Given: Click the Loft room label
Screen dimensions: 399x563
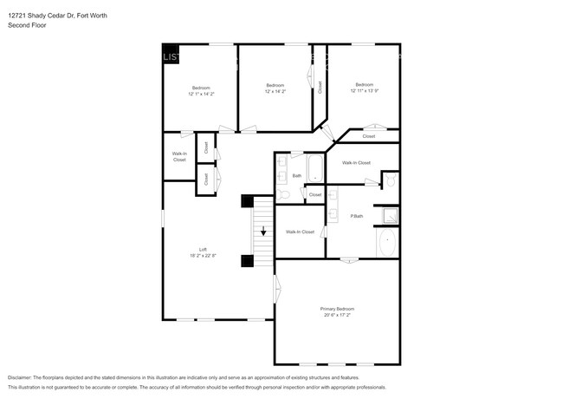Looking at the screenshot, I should click(x=203, y=250).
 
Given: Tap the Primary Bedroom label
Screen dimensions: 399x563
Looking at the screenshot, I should click(x=337, y=309).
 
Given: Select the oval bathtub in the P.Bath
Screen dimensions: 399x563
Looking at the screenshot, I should click(x=387, y=243).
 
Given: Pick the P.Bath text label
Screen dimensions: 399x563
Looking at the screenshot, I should click(x=356, y=216).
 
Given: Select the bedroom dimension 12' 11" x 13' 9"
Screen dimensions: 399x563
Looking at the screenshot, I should click(x=365, y=90).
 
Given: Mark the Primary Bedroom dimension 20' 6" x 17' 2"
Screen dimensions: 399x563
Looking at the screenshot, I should click(x=337, y=315).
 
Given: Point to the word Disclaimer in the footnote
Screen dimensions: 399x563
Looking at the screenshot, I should click(x=19, y=378).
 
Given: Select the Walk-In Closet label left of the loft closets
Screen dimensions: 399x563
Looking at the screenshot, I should click(x=179, y=157).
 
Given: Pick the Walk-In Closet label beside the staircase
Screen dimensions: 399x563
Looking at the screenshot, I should click(x=300, y=232).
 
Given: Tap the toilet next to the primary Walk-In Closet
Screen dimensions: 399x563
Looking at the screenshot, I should click(x=389, y=180).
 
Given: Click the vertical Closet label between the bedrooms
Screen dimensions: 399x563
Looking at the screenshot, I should click(x=320, y=87).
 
